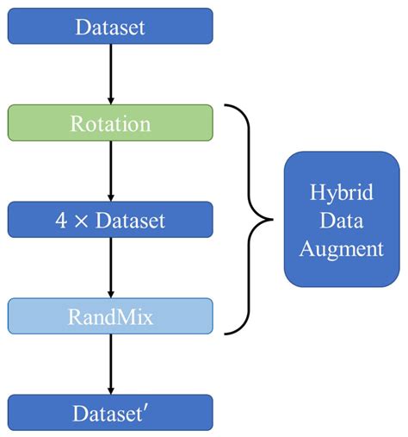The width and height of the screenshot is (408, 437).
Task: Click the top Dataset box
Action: [110, 26]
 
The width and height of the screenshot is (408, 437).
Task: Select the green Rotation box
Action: [110, 122]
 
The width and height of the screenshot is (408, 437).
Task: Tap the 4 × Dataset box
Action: [110, 220]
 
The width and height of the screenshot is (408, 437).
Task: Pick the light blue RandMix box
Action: [110, 316]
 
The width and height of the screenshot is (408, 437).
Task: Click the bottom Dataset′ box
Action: [110, 413]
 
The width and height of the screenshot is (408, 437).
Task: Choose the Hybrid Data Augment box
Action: [342, 219]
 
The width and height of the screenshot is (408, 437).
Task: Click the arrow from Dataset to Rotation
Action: [111, 74]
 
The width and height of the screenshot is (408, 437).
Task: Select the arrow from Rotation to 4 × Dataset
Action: [111, 172]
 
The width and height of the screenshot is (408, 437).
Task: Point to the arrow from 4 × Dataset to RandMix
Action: [111, 268]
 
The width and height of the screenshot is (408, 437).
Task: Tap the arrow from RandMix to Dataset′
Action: [111, 365]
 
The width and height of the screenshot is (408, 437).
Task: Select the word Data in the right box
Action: [342, 220]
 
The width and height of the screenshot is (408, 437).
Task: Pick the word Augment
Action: [342, 249]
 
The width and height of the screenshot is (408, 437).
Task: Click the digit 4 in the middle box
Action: [61, 220]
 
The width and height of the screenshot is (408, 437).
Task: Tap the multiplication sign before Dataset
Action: [81, 222]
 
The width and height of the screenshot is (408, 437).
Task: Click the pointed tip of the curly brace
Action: [272, 220]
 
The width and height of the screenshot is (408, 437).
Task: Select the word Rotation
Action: [110, 124]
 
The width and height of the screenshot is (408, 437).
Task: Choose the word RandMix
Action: [110, 317]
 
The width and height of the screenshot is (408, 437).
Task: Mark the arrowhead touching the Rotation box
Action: [111, 101]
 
